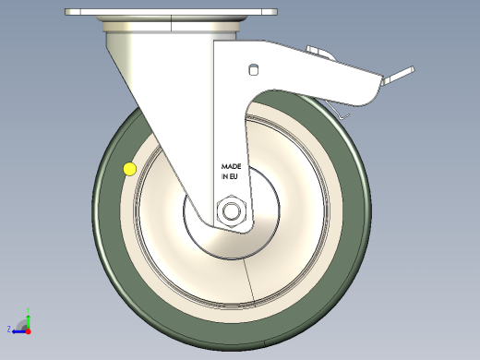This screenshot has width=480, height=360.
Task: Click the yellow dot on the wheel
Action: [129, 169]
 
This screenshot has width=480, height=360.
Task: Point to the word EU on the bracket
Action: [235, 175]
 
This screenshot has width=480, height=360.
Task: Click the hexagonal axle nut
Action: [231, 212]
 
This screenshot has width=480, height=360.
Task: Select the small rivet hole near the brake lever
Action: [253, 69]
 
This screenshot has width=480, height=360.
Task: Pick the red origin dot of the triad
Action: [28, 330]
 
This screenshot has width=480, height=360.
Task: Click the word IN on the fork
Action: [224, 175]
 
